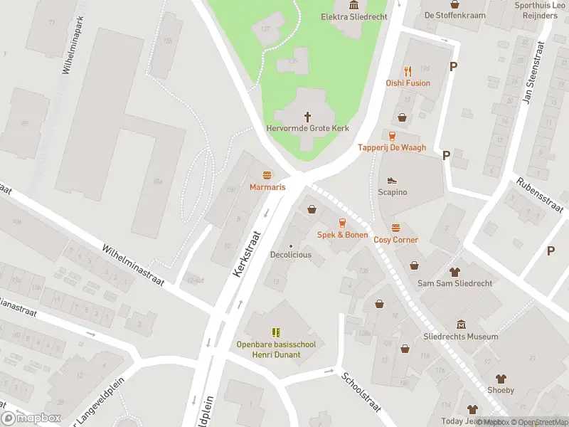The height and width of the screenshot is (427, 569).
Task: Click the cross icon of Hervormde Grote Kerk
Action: tap(308, 116)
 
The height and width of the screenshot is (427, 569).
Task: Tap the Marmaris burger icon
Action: tap(267, 175)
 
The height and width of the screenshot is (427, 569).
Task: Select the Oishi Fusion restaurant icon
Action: tap(408, 71)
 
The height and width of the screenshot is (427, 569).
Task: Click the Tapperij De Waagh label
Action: tap(391, 148)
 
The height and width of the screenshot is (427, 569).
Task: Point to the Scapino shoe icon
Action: tap(390, 181)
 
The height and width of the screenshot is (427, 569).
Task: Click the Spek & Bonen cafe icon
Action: tap(342, 223)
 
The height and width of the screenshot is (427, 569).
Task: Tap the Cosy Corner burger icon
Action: tap(395, 228)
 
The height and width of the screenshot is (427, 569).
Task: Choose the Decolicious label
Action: tap(290, 255)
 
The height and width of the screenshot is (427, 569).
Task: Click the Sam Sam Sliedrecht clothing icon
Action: tap(455, 272)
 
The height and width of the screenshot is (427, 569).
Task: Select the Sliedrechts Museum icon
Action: tap(461, 325)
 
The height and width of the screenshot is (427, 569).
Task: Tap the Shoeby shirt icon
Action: tap(501, 378)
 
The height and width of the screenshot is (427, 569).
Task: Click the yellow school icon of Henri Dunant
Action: tap(276, 332)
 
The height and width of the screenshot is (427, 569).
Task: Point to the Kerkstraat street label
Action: tap(248, 253)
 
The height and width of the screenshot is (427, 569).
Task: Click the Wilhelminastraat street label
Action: tap(134, 265)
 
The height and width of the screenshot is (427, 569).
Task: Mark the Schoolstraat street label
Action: tap(361, 392)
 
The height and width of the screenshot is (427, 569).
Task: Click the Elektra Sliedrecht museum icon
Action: tap(353, 5)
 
